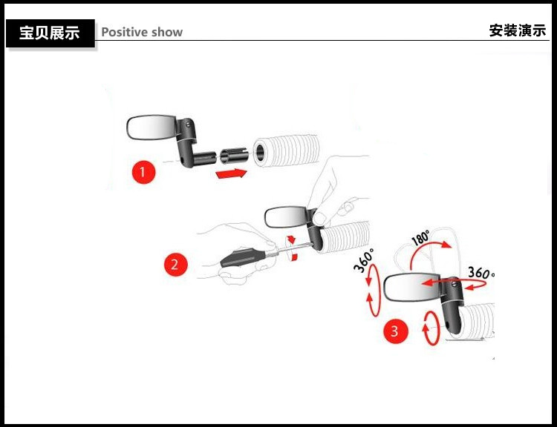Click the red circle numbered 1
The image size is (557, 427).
pos(143,173)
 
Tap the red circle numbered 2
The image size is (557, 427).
pos(175,264)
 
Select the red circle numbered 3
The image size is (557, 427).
pos(394,331)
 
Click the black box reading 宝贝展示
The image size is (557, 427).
pos(50,33)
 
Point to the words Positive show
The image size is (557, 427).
pos(141,32)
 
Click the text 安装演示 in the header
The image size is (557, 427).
pos(517,31)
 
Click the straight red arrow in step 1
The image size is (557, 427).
pos(230,173)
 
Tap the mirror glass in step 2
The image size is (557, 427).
pos(284,217)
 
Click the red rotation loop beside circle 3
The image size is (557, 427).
pos(429,329)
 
